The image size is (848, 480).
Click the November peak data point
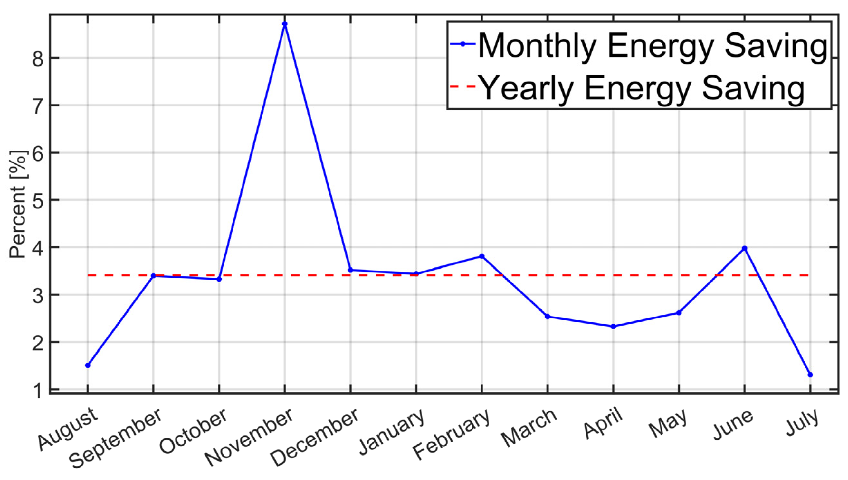click(285, 24)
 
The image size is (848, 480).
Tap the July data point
click(810, 375)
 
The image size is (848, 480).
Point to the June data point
click(744, 248)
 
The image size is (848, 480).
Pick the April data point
click(613, 326)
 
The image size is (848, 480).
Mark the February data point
click(482, 256)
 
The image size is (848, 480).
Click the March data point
click(548, 317)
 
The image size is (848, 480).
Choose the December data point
click(350, 270)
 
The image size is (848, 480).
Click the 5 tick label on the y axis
click(38, 200)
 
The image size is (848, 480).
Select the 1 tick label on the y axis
click(38, 391)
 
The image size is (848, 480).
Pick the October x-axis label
click(193, 430)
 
